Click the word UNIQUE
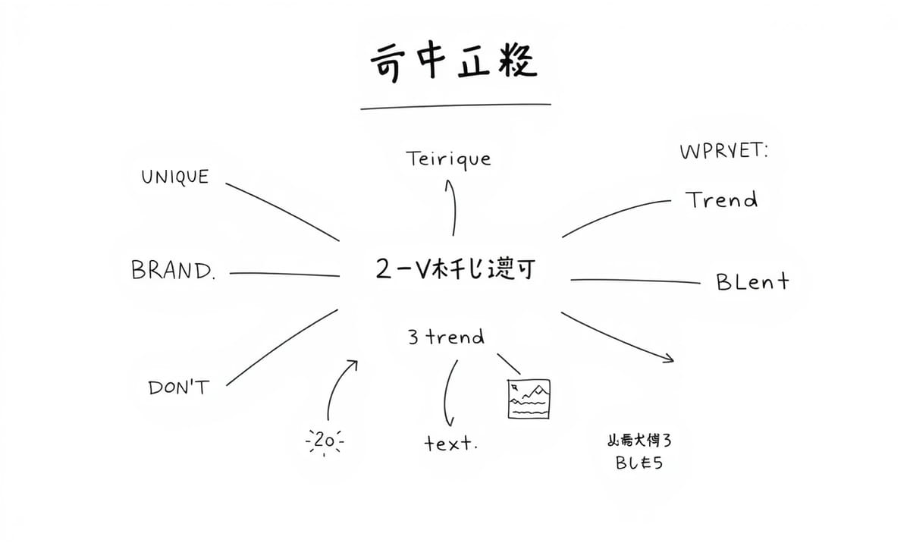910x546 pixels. pos(174,177)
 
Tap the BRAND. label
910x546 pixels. pos(174,271)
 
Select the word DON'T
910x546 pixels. pos(177,388)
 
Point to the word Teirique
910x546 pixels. pos(448,160)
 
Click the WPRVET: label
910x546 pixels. pos(723,152)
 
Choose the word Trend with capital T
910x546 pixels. pos(721,200)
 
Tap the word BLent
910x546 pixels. pos(752,282)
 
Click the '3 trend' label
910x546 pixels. pos(446,337)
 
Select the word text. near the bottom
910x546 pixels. pos(450,444)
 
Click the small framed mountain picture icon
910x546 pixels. pos(529,399)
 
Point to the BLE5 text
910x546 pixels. pos(639,463)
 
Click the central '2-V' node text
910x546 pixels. pos(453,269)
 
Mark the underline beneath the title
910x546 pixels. pos(455,106)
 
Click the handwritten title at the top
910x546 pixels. pos(453,62)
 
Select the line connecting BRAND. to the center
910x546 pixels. pos(284,275)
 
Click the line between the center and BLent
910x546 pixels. pos(635,281)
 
